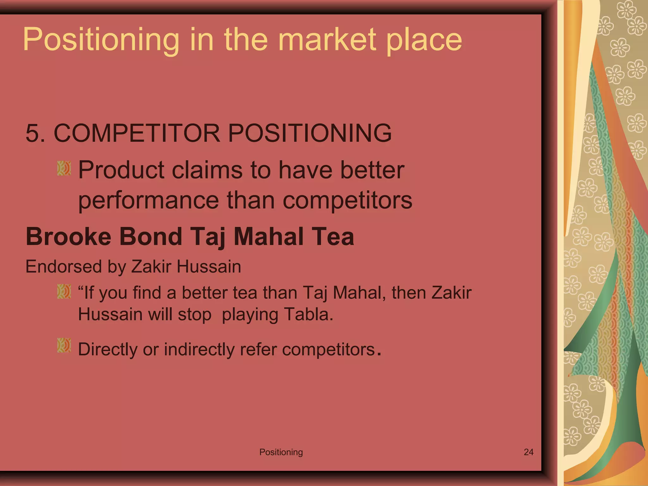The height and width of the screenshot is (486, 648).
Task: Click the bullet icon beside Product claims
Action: point(64,168)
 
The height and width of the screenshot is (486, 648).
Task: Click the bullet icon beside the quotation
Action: point(64,291)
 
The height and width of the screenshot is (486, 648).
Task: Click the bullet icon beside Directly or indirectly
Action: point(64,345)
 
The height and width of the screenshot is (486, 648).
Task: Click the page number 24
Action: point(528,452)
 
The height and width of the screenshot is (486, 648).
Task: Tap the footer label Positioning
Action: point(281,452)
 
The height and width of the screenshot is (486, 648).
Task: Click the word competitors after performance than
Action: point(347,201)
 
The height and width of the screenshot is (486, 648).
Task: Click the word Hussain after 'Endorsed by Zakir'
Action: point(209,266)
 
